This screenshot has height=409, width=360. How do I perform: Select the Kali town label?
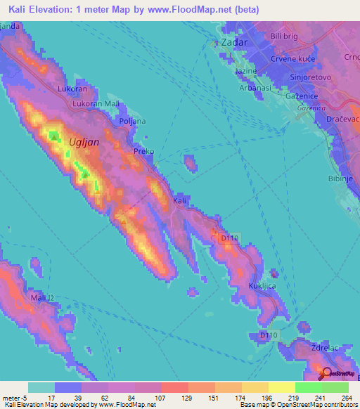[180, 201]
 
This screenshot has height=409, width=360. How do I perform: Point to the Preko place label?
[143, 151]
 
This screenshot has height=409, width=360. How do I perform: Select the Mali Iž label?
[43, 299]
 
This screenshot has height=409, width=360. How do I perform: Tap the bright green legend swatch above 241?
[309, 387]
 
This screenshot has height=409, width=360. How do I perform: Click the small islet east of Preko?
[190, 163]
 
